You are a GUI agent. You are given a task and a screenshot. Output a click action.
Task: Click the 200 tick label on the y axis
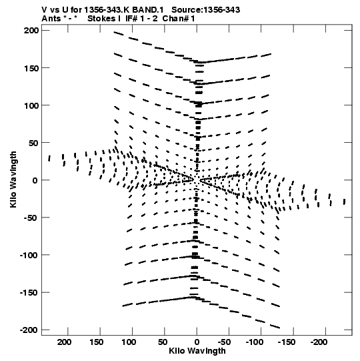(31, 30)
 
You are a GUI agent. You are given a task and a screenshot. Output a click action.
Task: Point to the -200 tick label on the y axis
(29, 330)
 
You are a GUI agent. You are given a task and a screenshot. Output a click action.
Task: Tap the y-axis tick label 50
(33, 143)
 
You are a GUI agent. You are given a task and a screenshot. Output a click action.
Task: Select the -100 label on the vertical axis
(29, 255)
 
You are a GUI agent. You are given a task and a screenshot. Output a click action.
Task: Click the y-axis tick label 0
(35, 180)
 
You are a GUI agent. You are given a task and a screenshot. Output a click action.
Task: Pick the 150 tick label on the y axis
(31, 68)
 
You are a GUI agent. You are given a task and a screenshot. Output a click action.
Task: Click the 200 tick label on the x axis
(64, 342)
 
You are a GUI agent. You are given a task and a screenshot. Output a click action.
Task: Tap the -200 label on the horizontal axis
(319, 342)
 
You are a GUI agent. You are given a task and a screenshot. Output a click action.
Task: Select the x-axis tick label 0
(197, 342)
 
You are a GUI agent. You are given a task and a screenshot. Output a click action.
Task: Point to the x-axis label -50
(224, 342)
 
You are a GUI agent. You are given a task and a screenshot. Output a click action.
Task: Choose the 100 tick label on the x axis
(129, 342)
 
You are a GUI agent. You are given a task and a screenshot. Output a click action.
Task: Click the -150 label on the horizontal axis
(287, 342)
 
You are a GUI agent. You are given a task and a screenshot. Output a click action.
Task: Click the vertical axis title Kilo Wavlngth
(13, 179)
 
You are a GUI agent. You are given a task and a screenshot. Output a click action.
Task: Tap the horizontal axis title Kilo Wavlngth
(197, 351)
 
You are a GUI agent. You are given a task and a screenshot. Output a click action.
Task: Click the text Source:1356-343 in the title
(205, 10)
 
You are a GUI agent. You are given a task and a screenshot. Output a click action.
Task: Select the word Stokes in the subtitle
(102, 19)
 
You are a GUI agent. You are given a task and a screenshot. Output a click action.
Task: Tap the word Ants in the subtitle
(51, 19)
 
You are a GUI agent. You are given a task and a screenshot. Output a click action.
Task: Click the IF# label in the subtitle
(132, 19)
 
